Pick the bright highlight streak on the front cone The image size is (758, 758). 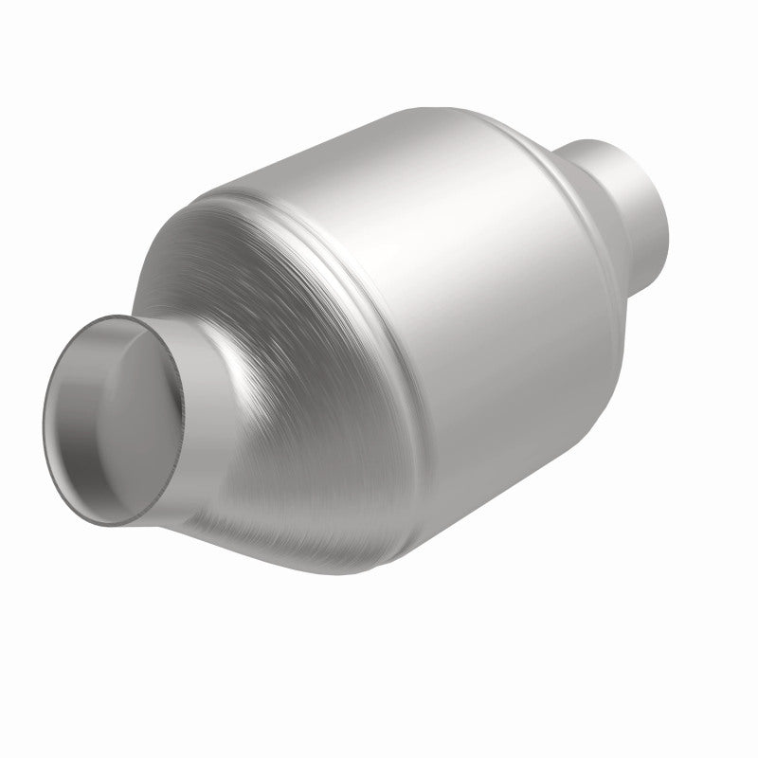click(251, 379)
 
